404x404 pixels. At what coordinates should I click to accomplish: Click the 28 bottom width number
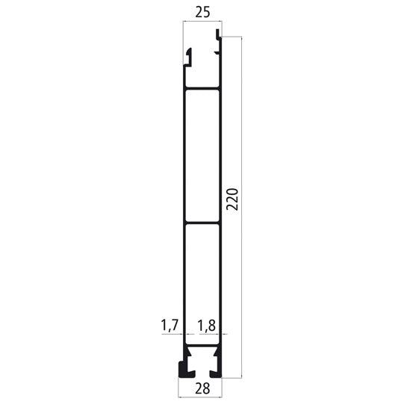pos(201,389)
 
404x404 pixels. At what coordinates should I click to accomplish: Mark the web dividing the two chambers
pos(202,222)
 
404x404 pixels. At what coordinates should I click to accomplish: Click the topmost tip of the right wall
pos(220,32)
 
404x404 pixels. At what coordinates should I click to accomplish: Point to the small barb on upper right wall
pos(217,52)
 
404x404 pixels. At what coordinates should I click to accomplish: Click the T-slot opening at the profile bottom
pos(201,370)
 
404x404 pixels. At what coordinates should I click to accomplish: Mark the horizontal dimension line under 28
pos(201,379)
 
